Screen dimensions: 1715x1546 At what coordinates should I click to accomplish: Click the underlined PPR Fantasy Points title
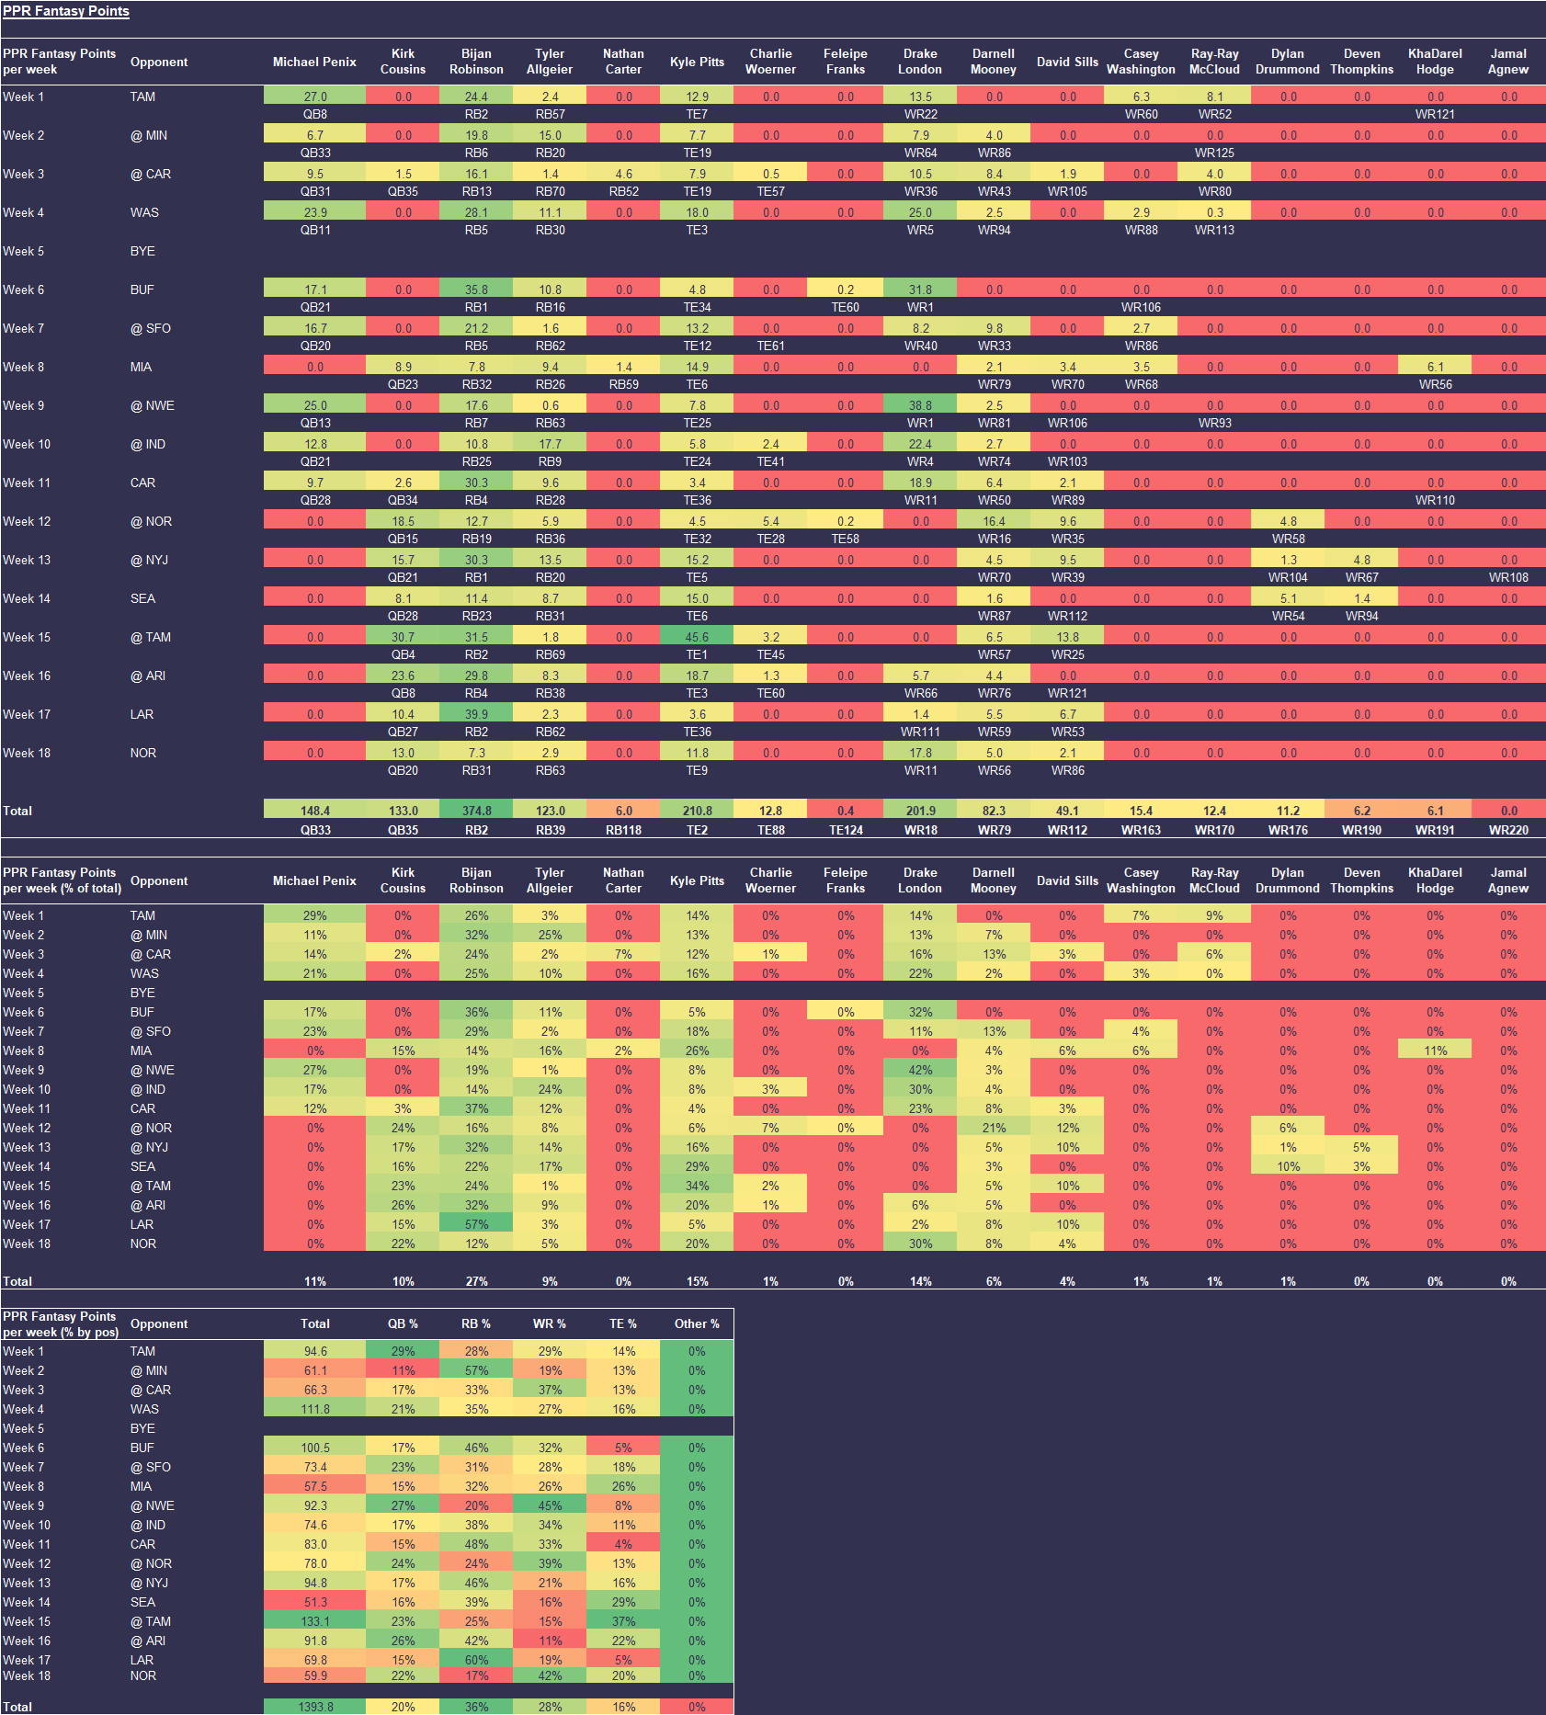(66, 11)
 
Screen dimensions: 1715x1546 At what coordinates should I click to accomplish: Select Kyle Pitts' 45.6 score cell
(697, 637)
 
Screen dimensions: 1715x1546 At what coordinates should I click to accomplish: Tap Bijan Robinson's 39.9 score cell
(476, 714)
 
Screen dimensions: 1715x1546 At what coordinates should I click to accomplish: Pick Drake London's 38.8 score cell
(920, 405)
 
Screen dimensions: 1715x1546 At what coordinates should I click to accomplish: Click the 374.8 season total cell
(476, 811)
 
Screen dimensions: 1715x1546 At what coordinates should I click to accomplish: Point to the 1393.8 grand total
(315, 1707)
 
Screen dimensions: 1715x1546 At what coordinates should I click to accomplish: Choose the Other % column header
(697, 1323)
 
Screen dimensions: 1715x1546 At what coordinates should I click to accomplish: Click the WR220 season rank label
(1508, 830)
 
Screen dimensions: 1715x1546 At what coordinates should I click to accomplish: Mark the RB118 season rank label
(623, 830)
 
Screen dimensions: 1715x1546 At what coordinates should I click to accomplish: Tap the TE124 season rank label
(846, 830)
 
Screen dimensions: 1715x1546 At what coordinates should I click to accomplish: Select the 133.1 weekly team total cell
(315, 1621)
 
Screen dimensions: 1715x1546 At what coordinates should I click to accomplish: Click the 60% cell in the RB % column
(476, 1660)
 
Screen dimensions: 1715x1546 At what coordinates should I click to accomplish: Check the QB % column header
(403, 1323)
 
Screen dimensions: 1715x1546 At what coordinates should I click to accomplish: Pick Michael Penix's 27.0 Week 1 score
(315, 97)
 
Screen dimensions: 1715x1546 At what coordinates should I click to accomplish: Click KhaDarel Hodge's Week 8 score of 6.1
(1435, 367)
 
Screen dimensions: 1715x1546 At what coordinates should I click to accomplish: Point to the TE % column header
(623, 1323)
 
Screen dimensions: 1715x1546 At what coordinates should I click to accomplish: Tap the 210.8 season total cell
(697, 811)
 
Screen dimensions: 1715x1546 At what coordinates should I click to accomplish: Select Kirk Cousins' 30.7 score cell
(403, 637)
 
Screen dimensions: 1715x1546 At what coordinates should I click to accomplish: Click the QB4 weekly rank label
(403, 654)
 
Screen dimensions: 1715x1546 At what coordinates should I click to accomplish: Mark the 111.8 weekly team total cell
(315, 1409)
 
